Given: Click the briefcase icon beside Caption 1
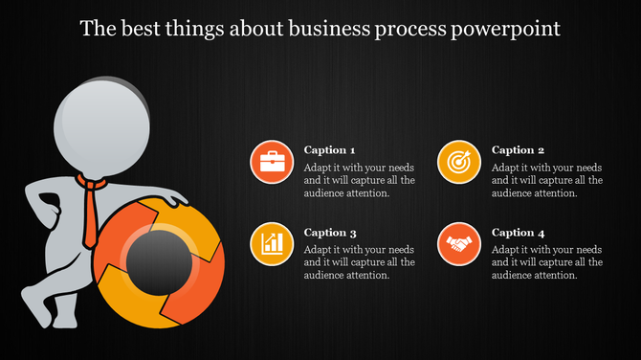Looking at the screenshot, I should point(271,162).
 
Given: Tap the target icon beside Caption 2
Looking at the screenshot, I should point(458,162).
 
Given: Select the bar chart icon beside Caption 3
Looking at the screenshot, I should point(271,243).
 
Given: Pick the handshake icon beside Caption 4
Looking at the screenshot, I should point(458,243).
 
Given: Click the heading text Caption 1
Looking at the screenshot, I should point(329,150).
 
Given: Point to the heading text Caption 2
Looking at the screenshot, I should point(518,150).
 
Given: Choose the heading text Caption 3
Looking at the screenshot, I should point(329,233).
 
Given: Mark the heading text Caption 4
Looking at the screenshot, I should point(518,233).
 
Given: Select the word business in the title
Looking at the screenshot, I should point(349,29).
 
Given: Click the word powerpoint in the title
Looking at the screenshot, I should point(516,29).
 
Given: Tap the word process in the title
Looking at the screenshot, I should point(432,29).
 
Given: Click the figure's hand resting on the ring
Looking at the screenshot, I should point(175,200).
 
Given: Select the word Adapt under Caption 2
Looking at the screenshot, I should point(507,167).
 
